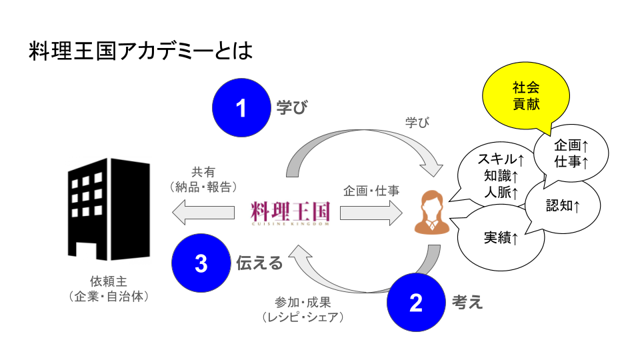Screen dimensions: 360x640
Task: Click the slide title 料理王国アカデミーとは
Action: tap(141, 52)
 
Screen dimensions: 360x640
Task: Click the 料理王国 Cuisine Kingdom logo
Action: tap(291, 213)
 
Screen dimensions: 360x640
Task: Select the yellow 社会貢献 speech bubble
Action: tap(526, 97)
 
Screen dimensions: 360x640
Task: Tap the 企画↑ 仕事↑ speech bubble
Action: tap(571, 153)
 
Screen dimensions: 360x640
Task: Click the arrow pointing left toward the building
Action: tap(203, 213)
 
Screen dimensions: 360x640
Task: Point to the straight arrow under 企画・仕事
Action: tap(371, 213)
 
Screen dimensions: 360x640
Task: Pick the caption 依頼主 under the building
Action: tap(108, 281)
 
